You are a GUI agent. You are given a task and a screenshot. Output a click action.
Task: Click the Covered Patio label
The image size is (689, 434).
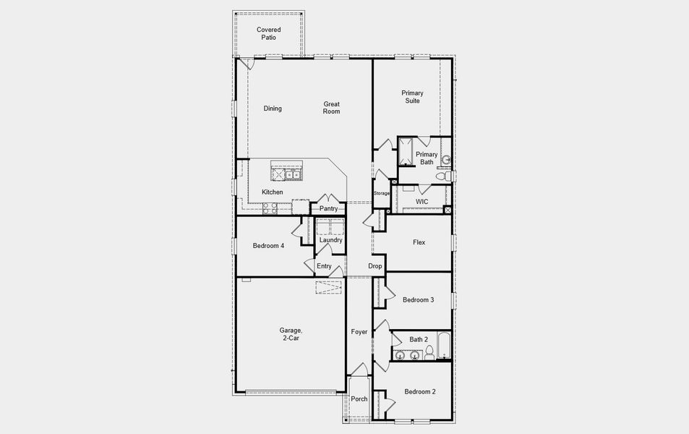pos(268,33)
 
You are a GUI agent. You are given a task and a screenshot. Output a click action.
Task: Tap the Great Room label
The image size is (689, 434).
pos(331,108)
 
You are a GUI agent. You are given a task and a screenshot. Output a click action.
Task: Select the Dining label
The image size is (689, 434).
pos(273,109)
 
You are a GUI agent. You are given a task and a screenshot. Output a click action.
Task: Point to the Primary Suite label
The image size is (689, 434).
pos(412,97)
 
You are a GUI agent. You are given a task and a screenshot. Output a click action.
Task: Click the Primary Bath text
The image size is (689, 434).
pos(427,158)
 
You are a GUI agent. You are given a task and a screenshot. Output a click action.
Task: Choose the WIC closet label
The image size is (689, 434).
pos(422,201)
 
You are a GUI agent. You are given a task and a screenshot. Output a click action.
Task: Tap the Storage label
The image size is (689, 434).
pos(382,193)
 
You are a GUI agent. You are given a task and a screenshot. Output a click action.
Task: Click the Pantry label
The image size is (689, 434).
pos(329,208)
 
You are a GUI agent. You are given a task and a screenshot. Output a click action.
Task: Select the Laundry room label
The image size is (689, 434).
pos(330,239)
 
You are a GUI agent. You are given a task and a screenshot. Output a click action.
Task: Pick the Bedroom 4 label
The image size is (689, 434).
pos(268,246)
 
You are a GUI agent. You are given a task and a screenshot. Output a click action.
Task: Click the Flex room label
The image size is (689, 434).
pos(419,242)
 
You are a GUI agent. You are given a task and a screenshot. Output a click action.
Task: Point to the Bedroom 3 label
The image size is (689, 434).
pos(418,299)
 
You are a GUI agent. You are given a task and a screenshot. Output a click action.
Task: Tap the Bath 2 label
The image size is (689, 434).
pos(419,339)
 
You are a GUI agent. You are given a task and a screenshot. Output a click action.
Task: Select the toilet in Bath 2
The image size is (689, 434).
pos(429,353)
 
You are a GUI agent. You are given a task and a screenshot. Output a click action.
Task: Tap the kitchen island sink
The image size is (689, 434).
pos(292,174)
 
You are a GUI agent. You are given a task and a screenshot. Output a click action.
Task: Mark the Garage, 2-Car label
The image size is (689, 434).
pos(290,334)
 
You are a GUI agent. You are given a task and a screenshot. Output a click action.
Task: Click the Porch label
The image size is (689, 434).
pos(359,399)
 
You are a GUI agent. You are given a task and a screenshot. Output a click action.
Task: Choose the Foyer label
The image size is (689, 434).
pos(359,332)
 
